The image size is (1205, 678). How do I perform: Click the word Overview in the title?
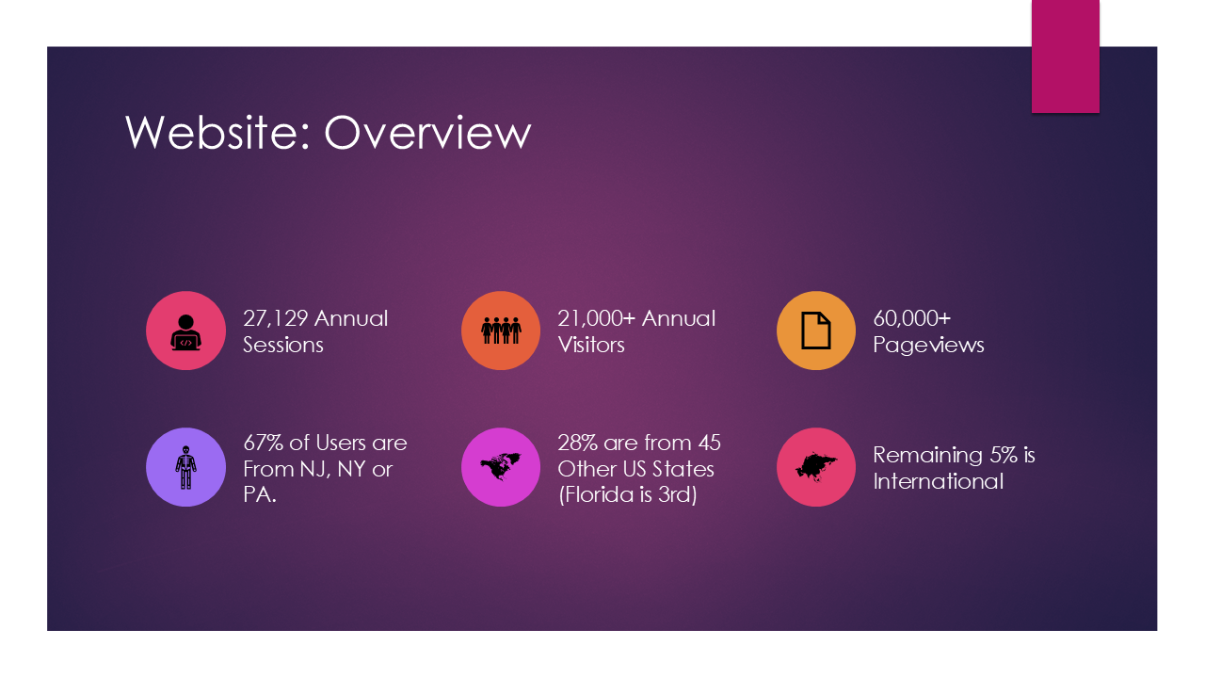pyautogui.click(x=427, y=133)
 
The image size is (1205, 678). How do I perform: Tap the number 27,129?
pyautogui.click(x=275, y=319)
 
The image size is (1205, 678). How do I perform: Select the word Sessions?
pyautogui.click(x=283, y=345)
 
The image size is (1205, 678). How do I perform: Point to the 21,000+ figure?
pyautogui.click(x=597, y=319)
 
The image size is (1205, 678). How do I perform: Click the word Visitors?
pyautogui.click(x=590, y=345)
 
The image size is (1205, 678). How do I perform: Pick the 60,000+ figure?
pyautogui.click(x=912, y=318)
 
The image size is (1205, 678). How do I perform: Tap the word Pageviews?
pyautogui.click(x=928, y=346)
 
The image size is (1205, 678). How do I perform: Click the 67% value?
pyautogui.click(x=263, y=444)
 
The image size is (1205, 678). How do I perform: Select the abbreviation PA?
pyautogui.click(x=259, y=495)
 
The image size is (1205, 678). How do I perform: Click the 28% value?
pyautogui.click(x=577, y=444)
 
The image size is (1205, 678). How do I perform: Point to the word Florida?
pyautogui.click(x=596, y=495)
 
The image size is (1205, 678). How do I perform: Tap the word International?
pyautogui.click(x=939, y=481)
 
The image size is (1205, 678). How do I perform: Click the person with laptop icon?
pyautogui.click(x=185, y=332)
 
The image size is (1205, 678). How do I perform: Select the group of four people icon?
pyautogui.click(x=501, y=331)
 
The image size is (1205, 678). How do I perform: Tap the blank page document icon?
pyautogui.click(x=816, y=331)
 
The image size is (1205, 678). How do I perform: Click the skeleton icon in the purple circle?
pyautogui.click(x=185, y=467)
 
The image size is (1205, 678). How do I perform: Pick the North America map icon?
pyautogui.click(x=500, y=466)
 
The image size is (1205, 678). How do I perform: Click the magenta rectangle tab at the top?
pyautogui.click(x=1065, y=56)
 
